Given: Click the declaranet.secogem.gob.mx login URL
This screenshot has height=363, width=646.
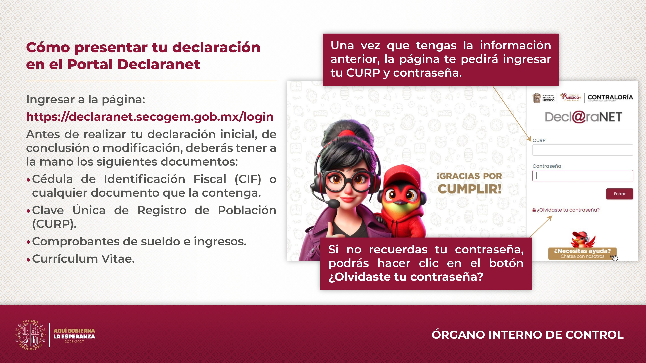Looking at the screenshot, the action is coord(150,117).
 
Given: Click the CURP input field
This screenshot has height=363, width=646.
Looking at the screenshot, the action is coord(583,150).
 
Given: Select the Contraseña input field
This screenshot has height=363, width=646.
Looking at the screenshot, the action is coord(583,176).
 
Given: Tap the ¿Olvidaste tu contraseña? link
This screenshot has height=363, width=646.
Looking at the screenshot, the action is coord(568,210).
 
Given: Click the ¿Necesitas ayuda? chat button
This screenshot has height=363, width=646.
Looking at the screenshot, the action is coord(582,253).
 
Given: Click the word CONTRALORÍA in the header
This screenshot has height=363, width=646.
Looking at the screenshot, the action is coord(610,97).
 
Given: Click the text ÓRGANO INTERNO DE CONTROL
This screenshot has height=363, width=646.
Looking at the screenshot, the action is coord(527,335).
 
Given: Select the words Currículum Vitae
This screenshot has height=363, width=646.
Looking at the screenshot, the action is coord(83,259).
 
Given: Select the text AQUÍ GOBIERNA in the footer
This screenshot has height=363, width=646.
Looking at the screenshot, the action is coord(74,331).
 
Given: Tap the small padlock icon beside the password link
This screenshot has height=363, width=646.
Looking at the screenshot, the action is coord(534,210).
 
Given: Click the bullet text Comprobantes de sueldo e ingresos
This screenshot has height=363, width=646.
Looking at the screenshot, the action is coord(139,242).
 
